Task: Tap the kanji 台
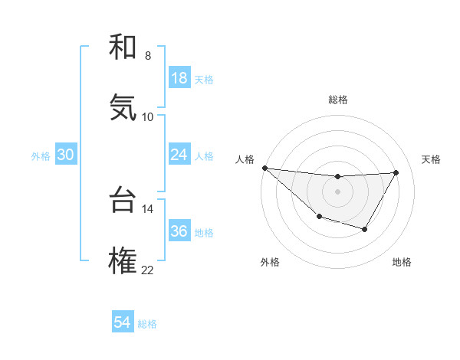[123, 200]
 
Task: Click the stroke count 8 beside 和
[147, 56]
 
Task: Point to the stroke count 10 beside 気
[147, 116]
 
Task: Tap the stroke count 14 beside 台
[147, 208]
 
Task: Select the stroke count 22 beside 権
[147, 270]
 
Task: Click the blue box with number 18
[179, 78]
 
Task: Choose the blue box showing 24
[179, 155]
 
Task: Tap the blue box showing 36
[179, 231]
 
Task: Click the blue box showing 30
[66, 155]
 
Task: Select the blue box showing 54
[123, 322]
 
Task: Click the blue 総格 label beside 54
[147, 324]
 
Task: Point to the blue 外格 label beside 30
[41, 156]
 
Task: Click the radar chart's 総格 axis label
[338, 100]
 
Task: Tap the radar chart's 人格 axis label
[245, 159]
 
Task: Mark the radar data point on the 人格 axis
[264, 168]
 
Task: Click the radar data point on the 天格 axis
[396, 172]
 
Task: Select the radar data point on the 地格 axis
[365, 229]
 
